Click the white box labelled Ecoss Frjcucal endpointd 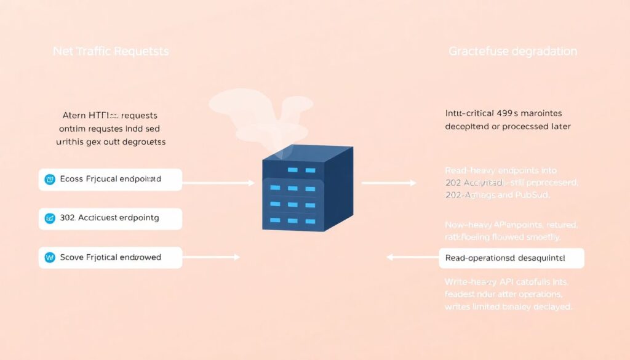pos(110,179)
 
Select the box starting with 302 pos(110,218)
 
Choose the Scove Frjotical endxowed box pos(110,257)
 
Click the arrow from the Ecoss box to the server pos(218,183)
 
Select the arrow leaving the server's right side pos(388,183)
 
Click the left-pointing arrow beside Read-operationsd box pos(412,258)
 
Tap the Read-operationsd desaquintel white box pos(511,258)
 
